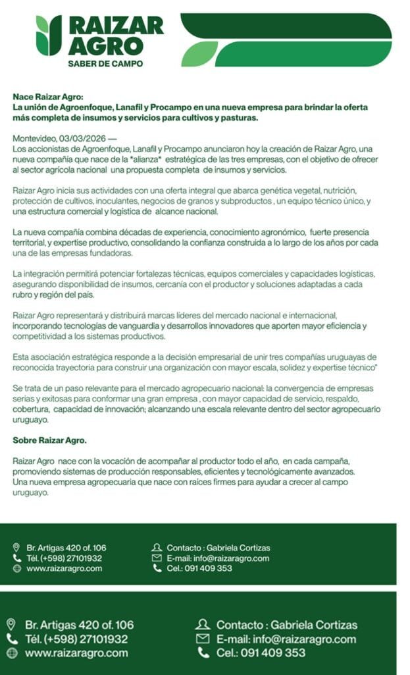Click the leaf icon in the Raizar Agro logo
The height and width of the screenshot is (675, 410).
(x=49, y=35)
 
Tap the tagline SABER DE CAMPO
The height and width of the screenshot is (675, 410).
(x=105, y=64)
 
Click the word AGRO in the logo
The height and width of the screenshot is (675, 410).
(x=105, y=45)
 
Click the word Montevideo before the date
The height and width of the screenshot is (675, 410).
(x=34, y=138)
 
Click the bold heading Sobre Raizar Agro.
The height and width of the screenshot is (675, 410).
(x=50, y=440)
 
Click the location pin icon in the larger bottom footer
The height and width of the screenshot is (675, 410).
(x=11, y=624)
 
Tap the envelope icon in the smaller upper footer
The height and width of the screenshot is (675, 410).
(x=157, y=558)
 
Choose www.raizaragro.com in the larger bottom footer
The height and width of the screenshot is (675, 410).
(x=76, y=653)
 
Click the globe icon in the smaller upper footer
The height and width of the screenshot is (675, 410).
(x=17, y=568)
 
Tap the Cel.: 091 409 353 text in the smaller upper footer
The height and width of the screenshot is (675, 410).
(x=199, y=568)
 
